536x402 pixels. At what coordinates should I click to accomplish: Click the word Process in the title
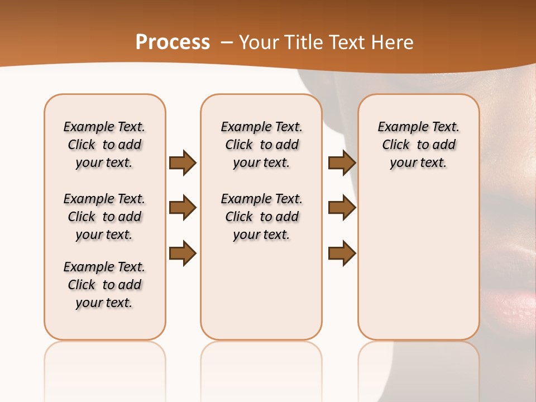[x=173, y=42]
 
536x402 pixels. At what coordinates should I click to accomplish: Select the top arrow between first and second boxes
[x=183, y=163]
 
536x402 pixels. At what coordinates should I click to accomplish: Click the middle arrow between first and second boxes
[x=183, y=208]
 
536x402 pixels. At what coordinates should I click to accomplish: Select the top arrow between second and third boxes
[x=342, y=163]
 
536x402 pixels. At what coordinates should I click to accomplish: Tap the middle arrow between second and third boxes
[x=342, y=208]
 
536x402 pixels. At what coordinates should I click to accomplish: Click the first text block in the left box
[x=104, y=145]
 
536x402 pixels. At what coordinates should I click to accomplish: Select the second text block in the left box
[x=104, y=217]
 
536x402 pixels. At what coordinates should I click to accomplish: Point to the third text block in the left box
[x=104, y=285]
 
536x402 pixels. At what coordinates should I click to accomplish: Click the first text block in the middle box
[x=261, y=145]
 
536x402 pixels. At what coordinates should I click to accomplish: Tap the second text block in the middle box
[x=261, y=217]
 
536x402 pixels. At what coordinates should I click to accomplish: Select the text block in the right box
[x=419, y=145]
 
